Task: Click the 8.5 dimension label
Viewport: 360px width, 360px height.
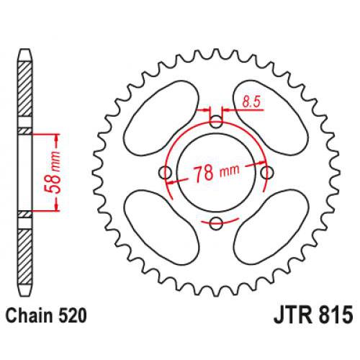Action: click(x=248, y=103)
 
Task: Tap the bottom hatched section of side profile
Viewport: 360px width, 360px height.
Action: click(x=25, y=252)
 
